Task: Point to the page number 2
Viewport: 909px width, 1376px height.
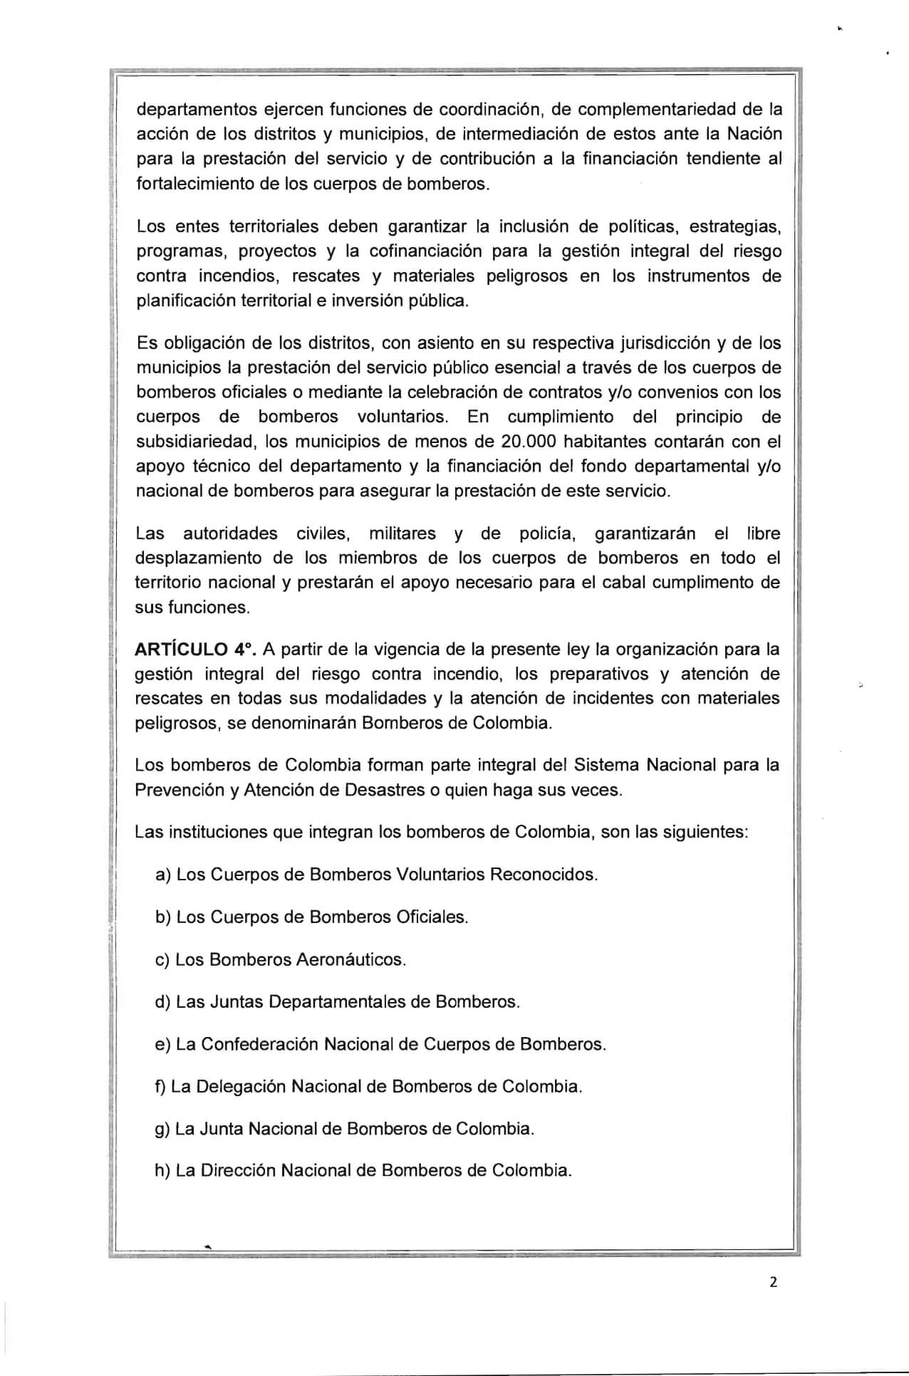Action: point(774,1283)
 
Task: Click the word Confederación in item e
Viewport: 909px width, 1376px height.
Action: point(260,1044)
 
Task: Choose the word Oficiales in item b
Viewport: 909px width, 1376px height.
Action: point(432,917)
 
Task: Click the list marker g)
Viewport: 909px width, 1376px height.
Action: point(162,1130)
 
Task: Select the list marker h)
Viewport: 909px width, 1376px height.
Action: point(162,1171)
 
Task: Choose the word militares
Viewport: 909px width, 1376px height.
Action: point(402,533)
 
